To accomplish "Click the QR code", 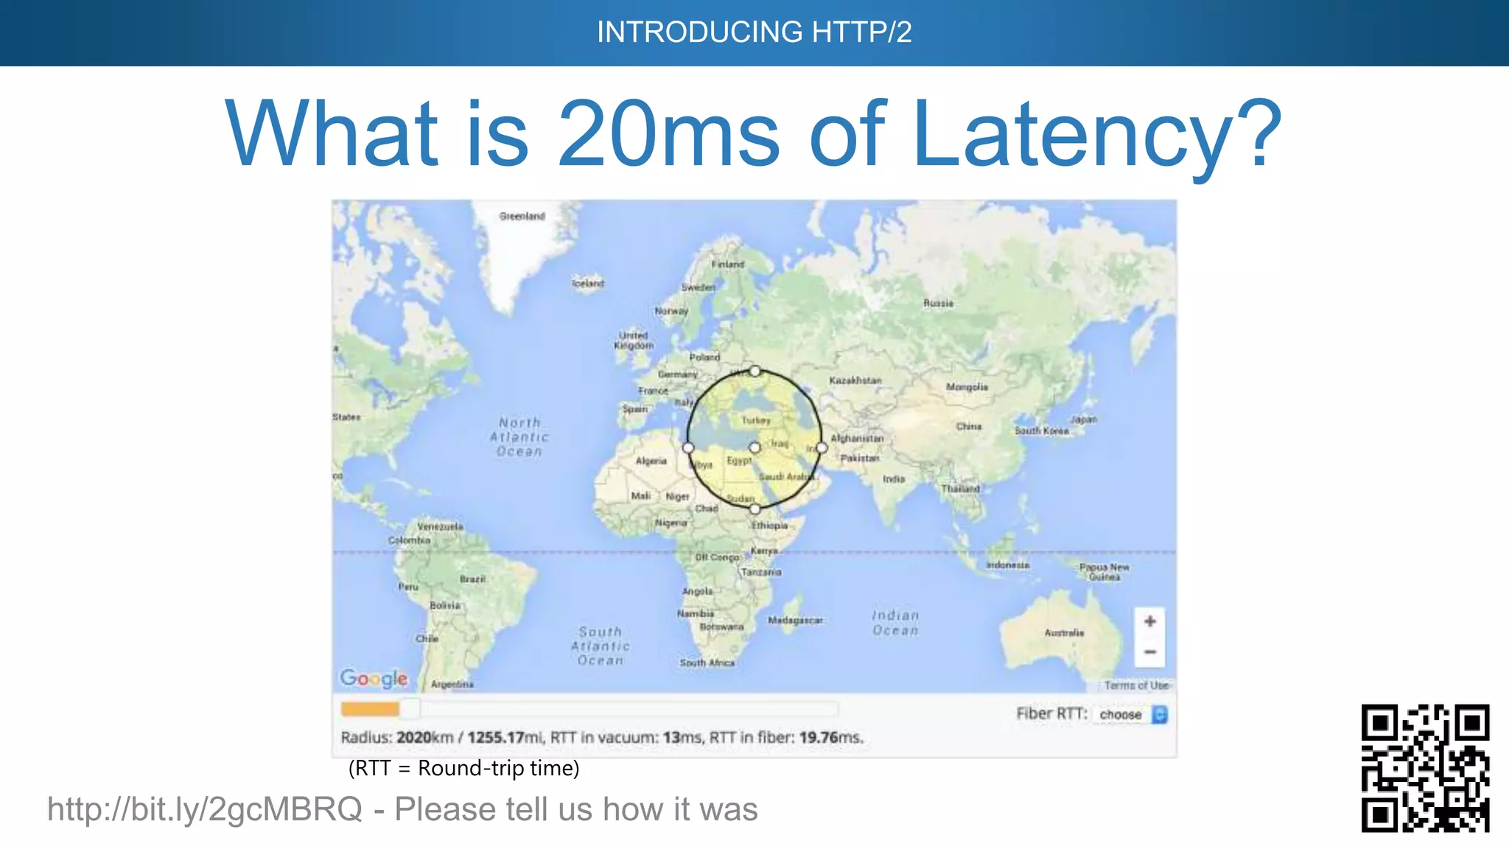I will pyautogui.click(x=1425, y=768).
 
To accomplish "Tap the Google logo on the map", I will pyautogui.click(x=374, y=678).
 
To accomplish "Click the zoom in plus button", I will pyautogui.click(x=1149, y=621).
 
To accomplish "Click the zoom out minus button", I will pyautogui.click(x=1149, y=652).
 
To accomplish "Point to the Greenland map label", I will pyautogui.click(x=522, y=216).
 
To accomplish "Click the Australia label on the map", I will pyautogui.click(x=1064, y=632).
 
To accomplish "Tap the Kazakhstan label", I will pyautogui.click(x=855, y=380).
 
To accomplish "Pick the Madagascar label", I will pyautogui.click(x=795, y=621).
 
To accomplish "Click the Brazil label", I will pyautogui.click(x=472, y=579).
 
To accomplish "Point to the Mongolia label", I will pyautogui.click(x=967, y=387).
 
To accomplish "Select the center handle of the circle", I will pyautogui.click(x=754, y=447).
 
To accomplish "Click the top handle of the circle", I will pyautogui.click(x=755, y=371).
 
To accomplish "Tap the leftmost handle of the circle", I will pyautogui.click(x=688, y=447).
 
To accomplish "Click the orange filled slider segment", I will pyautogui.click(x=370, y=709).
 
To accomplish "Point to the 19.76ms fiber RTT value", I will pyautogui.click(x=830, y=737).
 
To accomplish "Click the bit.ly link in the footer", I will pyautogui.click(x=205, y=809).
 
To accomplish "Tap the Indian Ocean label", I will pyautogui.click(x=895, y=623).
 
